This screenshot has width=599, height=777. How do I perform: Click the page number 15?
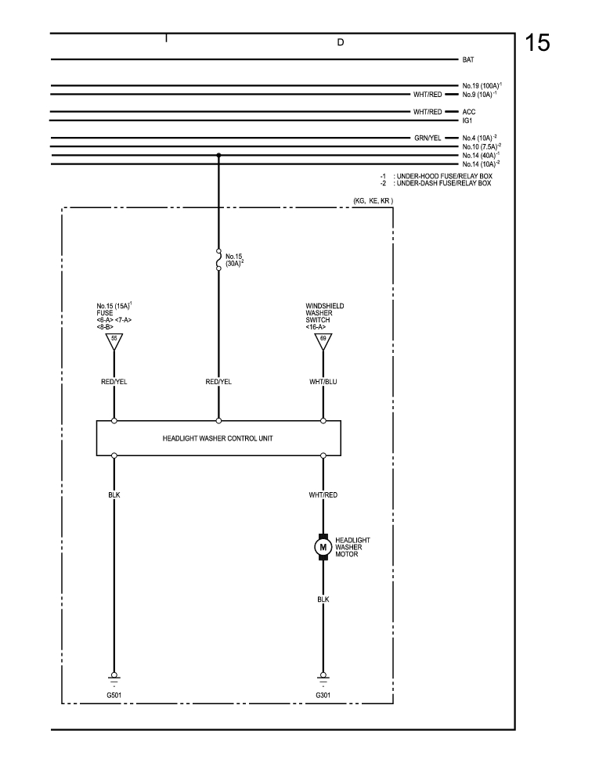click(x=537, y=43)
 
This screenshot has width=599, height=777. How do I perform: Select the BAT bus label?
click(x=469, y=59)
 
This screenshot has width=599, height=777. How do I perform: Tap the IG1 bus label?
click(x=468, y=121)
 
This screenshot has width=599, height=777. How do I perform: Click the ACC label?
click(x=469, y=112)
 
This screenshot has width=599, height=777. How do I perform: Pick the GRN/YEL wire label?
click(x=428, y=138)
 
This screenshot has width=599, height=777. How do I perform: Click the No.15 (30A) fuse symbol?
click(x=218, y=260)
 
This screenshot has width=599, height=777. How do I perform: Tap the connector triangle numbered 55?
click(x=114, y=340)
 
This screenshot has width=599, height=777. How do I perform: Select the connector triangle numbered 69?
click(x=323, y=340)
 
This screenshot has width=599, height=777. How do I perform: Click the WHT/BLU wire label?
click(x=323, y=382)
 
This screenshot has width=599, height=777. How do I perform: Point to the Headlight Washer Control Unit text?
click(x=218, y=438)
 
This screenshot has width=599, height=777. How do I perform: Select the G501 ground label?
click(x=114, y=694)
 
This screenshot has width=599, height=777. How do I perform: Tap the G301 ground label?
click(x=323, y=694)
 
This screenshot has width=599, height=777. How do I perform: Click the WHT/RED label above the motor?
click(x=323, y=495)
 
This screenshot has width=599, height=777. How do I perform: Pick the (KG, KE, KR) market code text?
click(x=372, y=201)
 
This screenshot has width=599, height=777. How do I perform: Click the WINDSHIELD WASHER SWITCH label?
click(x=325, y=312)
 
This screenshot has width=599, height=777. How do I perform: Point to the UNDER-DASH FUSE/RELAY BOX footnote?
click(x=443, y=183)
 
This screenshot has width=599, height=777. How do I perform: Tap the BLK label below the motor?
click(x=323, y=599)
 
